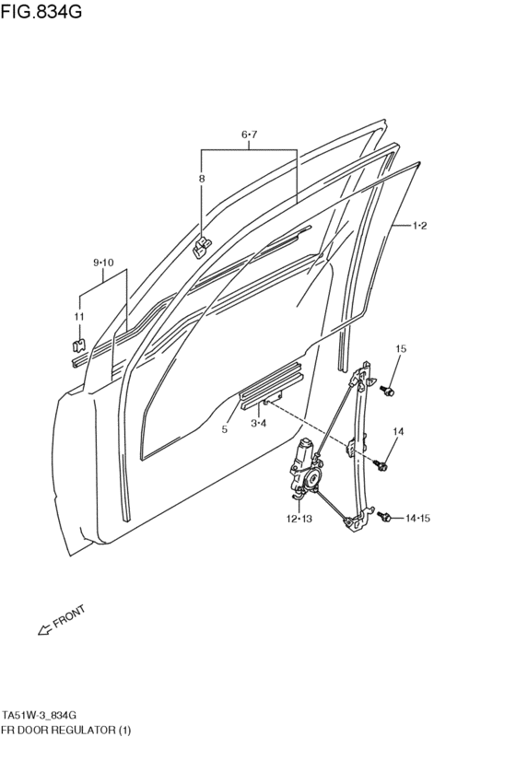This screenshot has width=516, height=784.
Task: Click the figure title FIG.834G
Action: click(x=41, y=10)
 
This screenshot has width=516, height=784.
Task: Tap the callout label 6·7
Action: click(x=249, y=135)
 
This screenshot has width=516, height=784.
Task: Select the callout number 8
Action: click(x=202, y=178)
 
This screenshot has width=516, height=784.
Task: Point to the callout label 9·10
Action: click(x=103, y=263)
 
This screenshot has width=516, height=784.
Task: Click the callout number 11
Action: click(x=79, y=317)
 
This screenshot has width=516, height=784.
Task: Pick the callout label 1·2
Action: click(x=419, y=226)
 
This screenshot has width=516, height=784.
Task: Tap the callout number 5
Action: click(x=225, y=429)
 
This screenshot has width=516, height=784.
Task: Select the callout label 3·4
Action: click(x=259, y=424)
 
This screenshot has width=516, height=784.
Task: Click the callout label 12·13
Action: click(x=299, y=519)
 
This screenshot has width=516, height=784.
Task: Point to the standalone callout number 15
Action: click(x=401, y=348)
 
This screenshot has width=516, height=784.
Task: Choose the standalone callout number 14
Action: click(x=398, y=431)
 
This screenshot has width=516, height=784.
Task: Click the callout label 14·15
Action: click(x=417, y=518)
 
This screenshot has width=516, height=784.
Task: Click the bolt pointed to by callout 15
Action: click(x=387, y=391)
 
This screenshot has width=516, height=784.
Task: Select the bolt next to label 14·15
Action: click(x=384, y=517)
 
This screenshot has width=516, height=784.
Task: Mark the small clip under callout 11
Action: click(x=79, y=345)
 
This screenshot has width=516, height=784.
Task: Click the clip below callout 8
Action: click(x=202, y=248)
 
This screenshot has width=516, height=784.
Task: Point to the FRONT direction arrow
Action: click(x=45, y=629)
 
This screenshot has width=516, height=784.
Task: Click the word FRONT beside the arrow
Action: click(x=69, y=615)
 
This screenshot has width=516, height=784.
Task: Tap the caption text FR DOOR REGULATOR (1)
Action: click(x=66, y=730)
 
